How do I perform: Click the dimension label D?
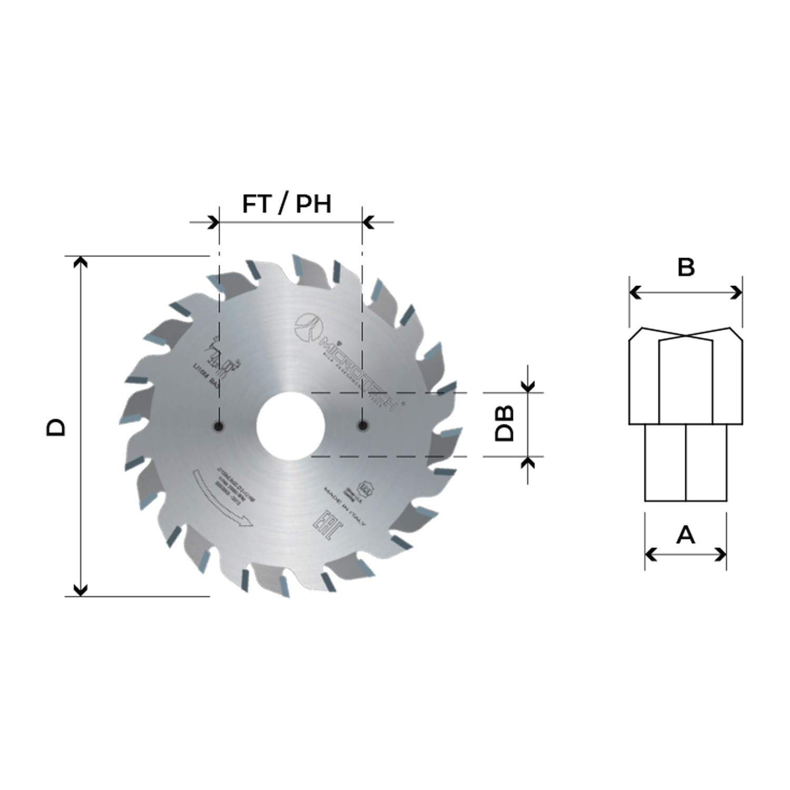(x=56, y=427)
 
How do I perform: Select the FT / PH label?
(x=287, y=204)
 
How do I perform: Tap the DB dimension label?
(x=504, y=423)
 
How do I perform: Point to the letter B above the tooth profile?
(x=686, y=267)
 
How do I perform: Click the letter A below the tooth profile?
(x=685, y=535)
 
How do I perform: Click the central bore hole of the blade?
(x=290, y=426)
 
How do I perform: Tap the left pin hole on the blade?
(x=219, y=426)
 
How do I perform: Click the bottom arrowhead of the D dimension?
(x=80, y=590)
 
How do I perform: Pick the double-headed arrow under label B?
(x=686, y=293)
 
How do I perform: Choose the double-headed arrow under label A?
(x=685, y=554)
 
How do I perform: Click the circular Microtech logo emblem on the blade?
(x=308, y=327)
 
